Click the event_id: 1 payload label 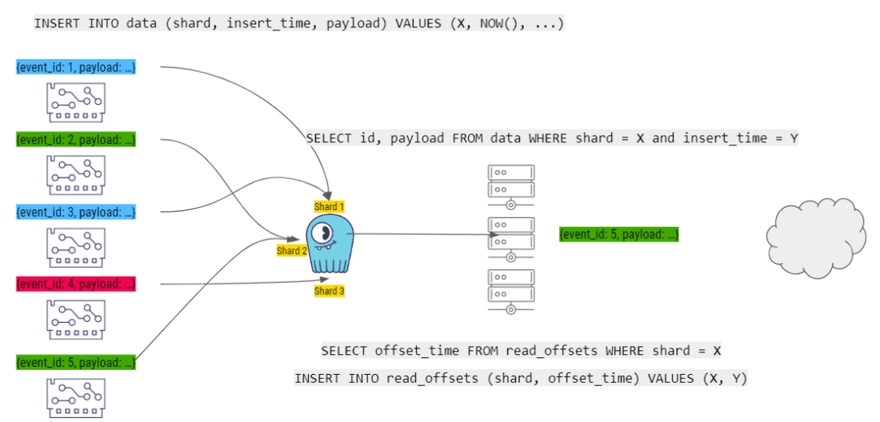(x=76, y=68)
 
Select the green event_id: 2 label (x=76, y=140)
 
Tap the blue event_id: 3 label (x=76, y=212)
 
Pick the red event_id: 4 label (x=76, y=284)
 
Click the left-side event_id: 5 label (x=76, y=362)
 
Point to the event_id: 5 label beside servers (x=619, y=234)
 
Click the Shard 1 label (x=329, y=207)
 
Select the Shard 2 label (x=291, y=251)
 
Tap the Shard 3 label (x=329, y=291)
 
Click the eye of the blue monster (x=323, y=233)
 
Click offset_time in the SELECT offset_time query (x=412, y=351)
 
